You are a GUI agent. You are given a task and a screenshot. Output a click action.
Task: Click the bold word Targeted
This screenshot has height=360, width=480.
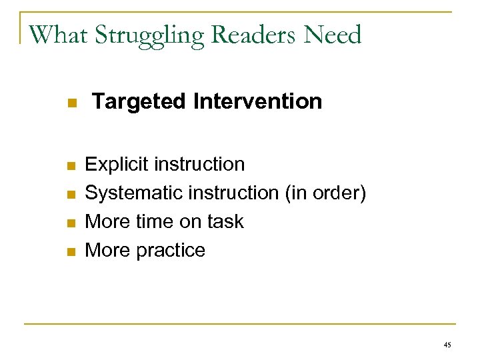tap(139, 102)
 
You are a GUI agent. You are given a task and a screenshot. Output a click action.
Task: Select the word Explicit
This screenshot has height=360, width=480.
tap(118, 164)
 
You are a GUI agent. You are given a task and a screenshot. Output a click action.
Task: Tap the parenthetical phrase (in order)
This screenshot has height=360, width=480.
tap(326, 193)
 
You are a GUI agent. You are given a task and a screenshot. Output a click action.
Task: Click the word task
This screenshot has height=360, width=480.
tap(226, 221)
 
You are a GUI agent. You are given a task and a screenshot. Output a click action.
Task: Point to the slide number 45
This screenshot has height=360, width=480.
tap(447, 345)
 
